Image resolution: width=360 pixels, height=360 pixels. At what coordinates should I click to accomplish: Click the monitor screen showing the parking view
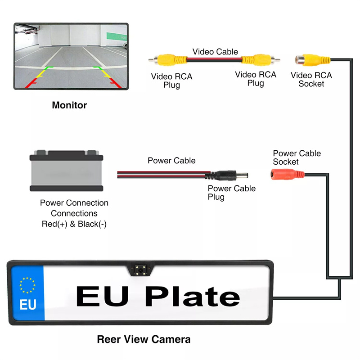pyautogui.click(x=71, y=56)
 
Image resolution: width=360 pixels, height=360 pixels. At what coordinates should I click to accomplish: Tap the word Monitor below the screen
pyautogui.click(x=69, y=105)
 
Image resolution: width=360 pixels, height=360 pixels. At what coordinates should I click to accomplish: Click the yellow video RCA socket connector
pyautogui.click(x=313, y=59)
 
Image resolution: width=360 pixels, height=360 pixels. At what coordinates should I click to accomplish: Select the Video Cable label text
pyautogui.click(x=216, y=52)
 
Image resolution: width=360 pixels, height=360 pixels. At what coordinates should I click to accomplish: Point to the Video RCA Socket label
pyautogui.click(x=311, y=79)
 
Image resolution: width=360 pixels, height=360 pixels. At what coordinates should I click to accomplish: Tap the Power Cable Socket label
pyautogui.click(x=297, y=157)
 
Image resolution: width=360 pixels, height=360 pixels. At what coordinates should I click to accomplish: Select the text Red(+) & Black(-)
pyautogui.click(x=74, y=224)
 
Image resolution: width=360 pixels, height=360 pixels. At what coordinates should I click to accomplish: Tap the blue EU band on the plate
pyautogui.click(x=27, y=293)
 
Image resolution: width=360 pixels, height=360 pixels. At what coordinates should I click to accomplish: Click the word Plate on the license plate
pyautogui.click(x=193, y=297)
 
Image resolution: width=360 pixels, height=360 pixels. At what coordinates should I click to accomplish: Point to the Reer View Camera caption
pyautogui.click(x=144, y=339)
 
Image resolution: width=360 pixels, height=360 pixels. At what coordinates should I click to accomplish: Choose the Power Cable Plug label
pyautogui.click(x=231, y=193)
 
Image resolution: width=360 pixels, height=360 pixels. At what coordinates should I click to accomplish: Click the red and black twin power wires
pyautogui.click(x=162, y=174)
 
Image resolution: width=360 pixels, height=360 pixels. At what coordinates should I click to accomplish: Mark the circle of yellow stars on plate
pyautogui.click(x=27, y=285)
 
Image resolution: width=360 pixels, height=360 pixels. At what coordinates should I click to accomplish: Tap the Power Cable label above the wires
pyautogui.click(x=171, y=161)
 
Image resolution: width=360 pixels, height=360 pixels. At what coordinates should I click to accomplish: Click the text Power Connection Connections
pyautogui.click(x=74, y=208)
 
